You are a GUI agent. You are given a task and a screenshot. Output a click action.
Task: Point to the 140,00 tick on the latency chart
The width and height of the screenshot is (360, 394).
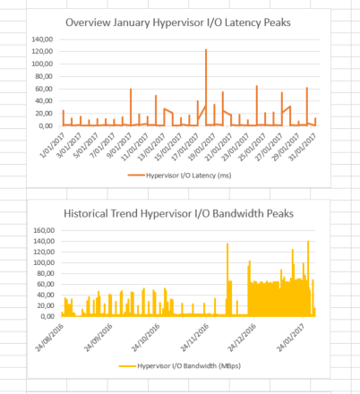[x=42, y=39]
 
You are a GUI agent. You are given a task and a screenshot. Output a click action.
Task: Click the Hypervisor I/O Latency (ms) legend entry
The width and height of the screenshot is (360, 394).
[x=189, y=176]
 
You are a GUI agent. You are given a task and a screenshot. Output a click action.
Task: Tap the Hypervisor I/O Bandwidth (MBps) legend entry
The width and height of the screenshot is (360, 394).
[x=189, y=366]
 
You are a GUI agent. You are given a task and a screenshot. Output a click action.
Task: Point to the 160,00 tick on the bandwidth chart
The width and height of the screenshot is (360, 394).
[x=44, y=230]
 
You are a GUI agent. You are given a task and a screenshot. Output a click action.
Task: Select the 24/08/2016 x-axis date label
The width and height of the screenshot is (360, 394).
[x=49, y=338]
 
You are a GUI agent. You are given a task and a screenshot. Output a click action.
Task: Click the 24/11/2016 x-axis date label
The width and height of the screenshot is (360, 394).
[x=194, y=338]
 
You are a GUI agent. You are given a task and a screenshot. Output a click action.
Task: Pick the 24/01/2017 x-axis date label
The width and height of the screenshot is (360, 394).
[x=290, y=338]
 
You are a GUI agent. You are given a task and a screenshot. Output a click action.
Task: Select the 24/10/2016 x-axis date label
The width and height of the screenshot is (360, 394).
[x=146, y=338]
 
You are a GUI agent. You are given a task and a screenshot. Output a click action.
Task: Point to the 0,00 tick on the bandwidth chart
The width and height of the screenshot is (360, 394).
[x=47, y=316]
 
